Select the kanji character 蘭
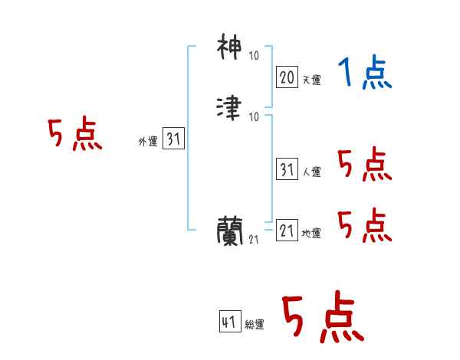pos(232,230)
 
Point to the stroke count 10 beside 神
pos(254,56)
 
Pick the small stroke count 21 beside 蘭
pos(254,240)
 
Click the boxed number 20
pos(287,77)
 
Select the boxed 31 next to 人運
pos(287,169)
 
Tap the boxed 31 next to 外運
pos(173,139)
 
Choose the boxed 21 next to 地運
pos(287,230)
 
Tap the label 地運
pos(312,234)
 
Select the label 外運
pos(147,142)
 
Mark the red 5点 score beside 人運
pos(364,165)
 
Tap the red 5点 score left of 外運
pos(74,136)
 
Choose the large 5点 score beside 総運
pos(322,318)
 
